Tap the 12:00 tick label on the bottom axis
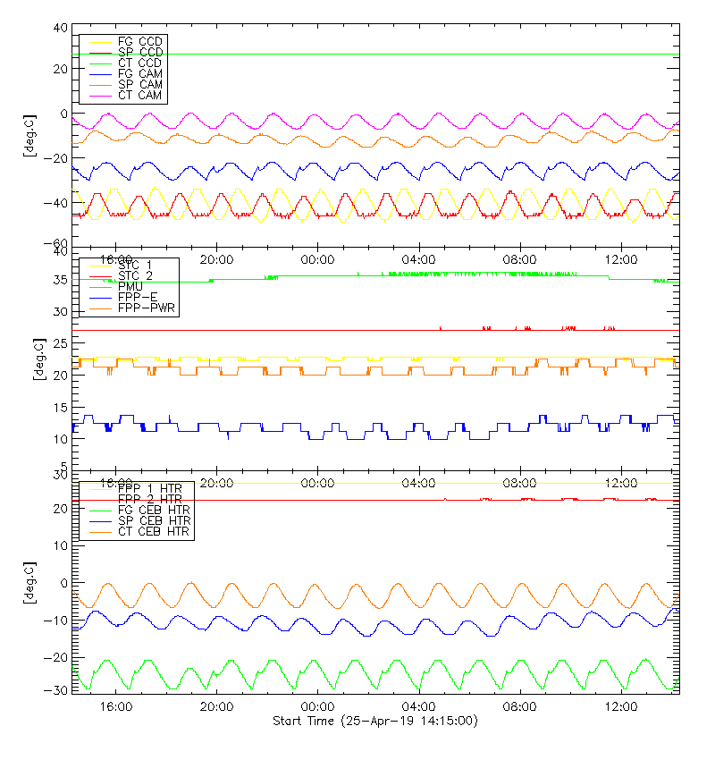click(x=621, y=706)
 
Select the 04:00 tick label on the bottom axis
click(x=419, y=706)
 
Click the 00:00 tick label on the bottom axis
click(x=318, y=706)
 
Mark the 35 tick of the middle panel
click(x=60, y=280)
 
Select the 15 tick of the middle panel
click(x=60, y=408)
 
